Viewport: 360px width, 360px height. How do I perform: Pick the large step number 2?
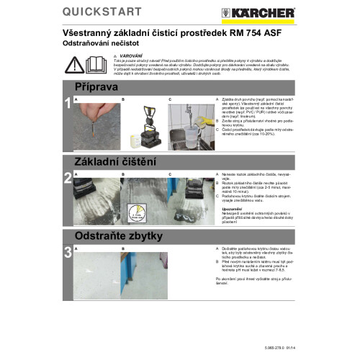pos(68,179)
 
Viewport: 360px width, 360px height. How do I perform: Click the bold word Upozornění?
pos(232,209)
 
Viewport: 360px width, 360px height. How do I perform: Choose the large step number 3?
pos(68,253)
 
